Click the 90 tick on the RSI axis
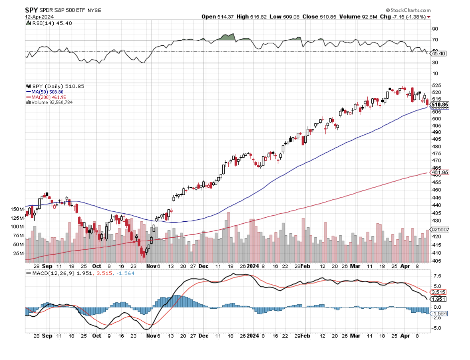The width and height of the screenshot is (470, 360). pyautogui.click(x=435, y=29)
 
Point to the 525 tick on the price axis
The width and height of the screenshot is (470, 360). pyautogui.click(x=436, y=85)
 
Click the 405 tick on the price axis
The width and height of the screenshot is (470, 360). pyautogui.click(x=436, y=261)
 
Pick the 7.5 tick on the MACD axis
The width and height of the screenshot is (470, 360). pyautogui.click(x=436, y=276)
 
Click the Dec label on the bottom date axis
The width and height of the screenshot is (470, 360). pyautogui.click(x=204, y=335)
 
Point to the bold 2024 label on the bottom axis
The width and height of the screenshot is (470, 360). pyautogui.click(x=253, y=335)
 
